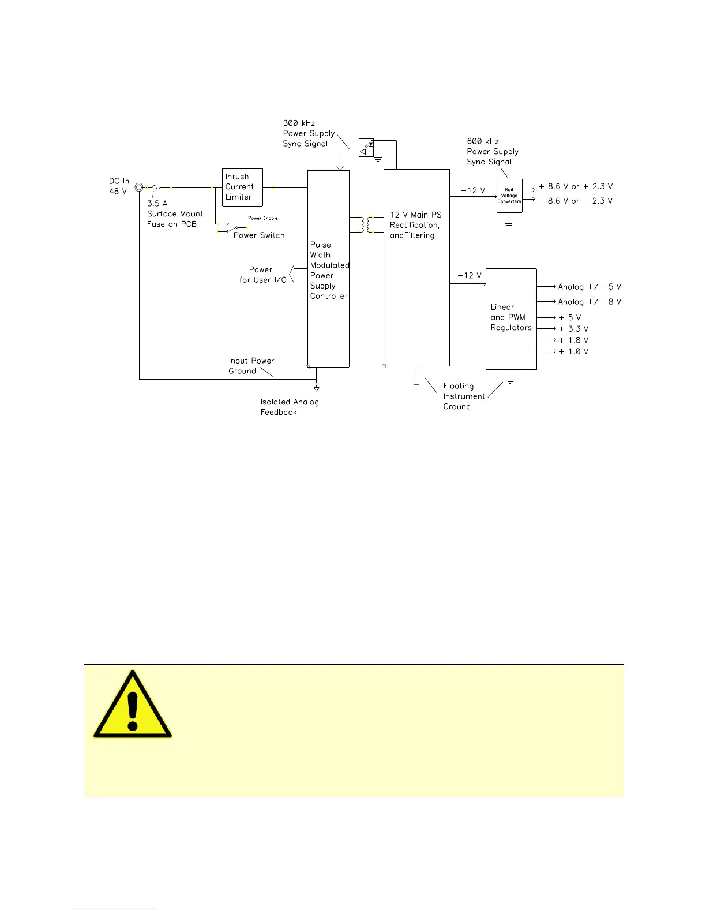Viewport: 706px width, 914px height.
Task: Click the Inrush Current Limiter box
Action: (242, 187)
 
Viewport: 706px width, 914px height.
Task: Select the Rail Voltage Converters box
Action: (509, 196)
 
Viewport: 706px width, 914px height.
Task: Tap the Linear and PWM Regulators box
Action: (511, 319)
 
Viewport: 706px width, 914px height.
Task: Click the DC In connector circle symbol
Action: (139, 187)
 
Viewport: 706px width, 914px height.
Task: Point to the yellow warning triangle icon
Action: (133, 706)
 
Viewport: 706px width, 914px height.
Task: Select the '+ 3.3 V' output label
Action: (573, 329)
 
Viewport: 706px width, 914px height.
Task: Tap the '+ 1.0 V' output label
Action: (573, 351)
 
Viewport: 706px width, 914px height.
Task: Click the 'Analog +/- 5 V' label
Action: (589, 287)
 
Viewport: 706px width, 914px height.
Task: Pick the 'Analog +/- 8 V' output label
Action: (589, 302)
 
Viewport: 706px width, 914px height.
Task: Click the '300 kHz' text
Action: (299, 123)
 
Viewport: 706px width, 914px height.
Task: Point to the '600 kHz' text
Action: (483, 141)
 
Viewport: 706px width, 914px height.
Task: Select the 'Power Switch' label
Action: (259, 235)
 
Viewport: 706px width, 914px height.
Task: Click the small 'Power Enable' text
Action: (263, 218)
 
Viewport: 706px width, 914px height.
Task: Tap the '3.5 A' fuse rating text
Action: (157, 204)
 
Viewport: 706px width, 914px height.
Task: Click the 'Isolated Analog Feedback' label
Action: (289, 407)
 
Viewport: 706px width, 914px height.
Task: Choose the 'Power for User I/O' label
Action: (262, 275)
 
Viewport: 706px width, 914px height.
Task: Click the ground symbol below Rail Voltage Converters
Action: (509, 223)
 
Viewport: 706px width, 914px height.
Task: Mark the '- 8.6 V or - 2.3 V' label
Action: (575, 201)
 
